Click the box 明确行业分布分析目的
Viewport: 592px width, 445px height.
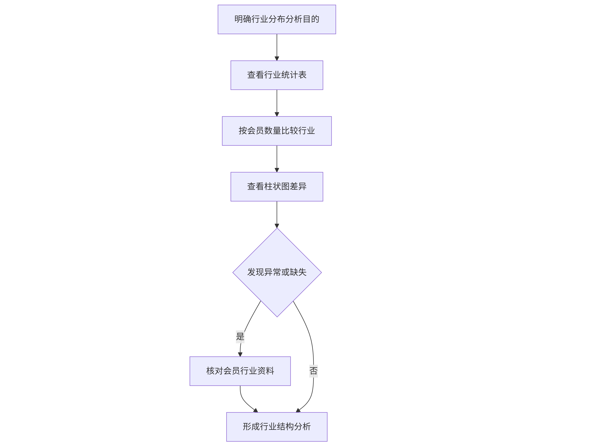click(x=277, y=19)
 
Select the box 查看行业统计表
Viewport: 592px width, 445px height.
click(x=277, y=75)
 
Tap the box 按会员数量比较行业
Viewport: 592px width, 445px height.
click(x=277, y=131)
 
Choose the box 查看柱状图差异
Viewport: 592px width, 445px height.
click(x=277, y=186)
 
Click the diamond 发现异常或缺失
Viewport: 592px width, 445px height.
click(x=277, y=272)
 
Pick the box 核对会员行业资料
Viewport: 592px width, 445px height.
click(x=240, y=371)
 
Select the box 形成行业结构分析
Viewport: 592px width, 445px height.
click(x=277, y=427)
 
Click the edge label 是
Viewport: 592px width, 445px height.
click(x=240, y=337)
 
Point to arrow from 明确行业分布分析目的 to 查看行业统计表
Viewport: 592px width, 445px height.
click(x=277, y=47)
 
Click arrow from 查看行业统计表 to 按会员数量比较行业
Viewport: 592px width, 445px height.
click(x=277, y=103)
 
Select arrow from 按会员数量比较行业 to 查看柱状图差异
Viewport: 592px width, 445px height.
click(x=277, y=159)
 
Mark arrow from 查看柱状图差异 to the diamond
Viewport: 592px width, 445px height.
click(x=277, y=215)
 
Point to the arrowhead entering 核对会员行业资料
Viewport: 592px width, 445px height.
click(x=240, y=354)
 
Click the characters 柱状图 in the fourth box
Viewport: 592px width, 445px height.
click(x=277, y=186)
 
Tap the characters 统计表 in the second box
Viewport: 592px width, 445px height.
click(x=294, y=75)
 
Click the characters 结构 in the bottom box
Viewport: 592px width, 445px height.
click(x=285, y=427)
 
